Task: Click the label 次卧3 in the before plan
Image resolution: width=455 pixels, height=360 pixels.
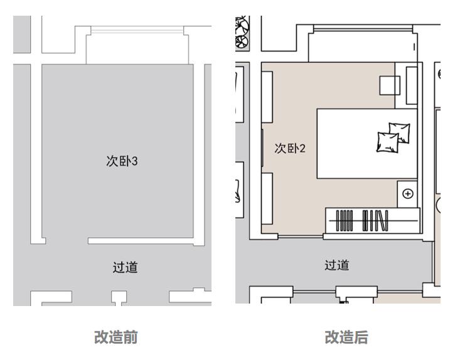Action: pyautogui.click(x=121, y=161)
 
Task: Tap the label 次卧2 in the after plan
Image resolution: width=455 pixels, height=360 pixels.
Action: pyautogui.click(x=290, y=149)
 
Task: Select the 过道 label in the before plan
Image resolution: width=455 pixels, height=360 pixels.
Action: pyautogui.click(x=125, y=267)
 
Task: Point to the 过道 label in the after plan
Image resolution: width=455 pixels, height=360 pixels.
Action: pyautogui.click(x=337, y=265)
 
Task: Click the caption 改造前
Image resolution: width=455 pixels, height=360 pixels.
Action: pyautogui.click(x=116, y=337)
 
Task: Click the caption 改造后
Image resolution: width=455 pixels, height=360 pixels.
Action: pyautogui.click(x=346, y=337)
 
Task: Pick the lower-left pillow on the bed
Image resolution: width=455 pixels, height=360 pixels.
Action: pyautogui.click(x=387, y=142)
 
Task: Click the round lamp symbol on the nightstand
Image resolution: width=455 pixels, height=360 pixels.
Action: pyautogui.click(x=409, y=194)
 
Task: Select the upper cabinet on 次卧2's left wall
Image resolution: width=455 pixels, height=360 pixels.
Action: pyautogui.click(x=267, y=97)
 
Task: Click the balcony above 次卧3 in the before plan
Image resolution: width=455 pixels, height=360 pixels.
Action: pyautogui.click(x=137, y=45)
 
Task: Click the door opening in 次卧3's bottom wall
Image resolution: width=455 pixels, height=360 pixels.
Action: pyautogui.click(x=67, y=240)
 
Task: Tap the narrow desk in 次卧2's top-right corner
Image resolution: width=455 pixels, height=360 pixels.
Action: pyautogui.click(x=412, y=85)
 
